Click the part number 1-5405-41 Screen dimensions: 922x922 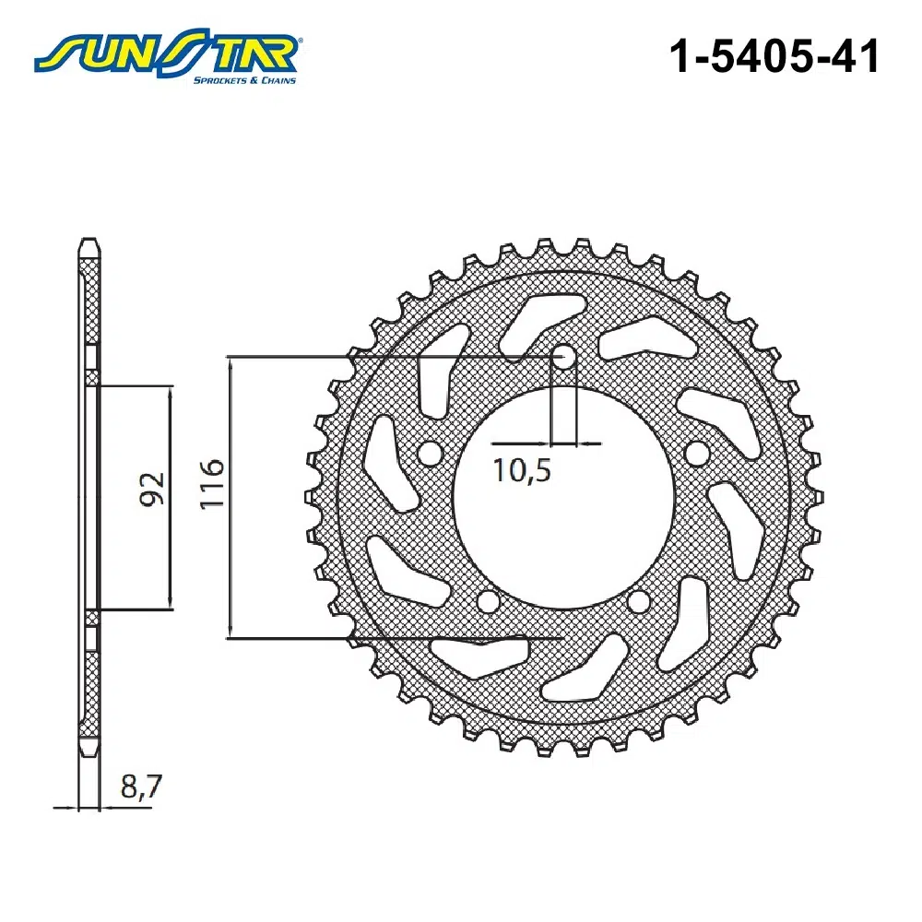point(775,56)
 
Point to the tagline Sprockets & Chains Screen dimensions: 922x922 point(244,80)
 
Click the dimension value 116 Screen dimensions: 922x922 point(212,483)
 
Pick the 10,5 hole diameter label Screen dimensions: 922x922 point(522,470)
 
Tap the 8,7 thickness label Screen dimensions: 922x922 point(141,786)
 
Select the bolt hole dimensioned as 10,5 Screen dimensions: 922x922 point(564,357)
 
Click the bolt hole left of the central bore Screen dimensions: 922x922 point(431,454)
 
